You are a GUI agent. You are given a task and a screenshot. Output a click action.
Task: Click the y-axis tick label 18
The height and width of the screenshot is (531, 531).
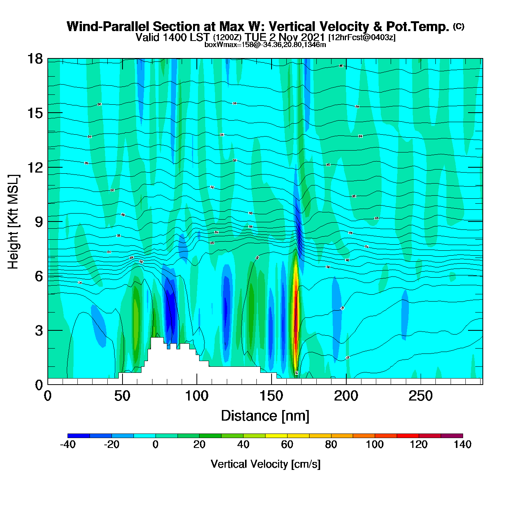click(35, 59)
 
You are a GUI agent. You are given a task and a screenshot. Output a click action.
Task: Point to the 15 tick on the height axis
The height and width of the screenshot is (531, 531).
click(35, 113)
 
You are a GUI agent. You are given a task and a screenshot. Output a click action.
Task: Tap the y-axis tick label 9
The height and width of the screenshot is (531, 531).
click(39, 222)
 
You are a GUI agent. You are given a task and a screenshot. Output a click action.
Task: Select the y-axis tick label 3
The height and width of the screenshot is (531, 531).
click(39, 331)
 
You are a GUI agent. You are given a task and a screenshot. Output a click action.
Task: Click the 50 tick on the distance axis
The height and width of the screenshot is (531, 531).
click(122, 396)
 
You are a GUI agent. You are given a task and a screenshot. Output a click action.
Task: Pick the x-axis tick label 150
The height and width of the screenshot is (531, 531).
click(271, 396)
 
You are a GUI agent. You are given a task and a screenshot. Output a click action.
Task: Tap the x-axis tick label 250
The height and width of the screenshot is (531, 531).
click(420, 396)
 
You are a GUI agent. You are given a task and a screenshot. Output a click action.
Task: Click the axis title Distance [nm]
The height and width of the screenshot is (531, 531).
click(265, 416)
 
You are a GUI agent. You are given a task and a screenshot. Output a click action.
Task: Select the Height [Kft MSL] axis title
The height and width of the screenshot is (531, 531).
click(13, 222)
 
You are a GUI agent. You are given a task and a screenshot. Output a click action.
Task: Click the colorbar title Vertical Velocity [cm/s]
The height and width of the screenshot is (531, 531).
click(265, 464)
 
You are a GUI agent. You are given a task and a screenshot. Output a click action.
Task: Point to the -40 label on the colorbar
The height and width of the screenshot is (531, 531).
click(68, 445)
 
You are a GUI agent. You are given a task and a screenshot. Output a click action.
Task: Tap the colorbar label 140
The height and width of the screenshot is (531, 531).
click(462, 445)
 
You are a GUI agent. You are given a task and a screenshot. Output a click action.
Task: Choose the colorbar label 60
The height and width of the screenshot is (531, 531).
click(287, 445)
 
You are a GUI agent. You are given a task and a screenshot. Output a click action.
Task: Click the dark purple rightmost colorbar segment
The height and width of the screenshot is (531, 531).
click(452, 435)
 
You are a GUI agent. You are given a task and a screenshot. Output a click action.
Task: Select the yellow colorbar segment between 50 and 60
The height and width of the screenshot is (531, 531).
click(276, 435)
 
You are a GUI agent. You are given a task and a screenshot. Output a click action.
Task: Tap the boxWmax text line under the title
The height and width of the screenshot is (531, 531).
click(265, 45)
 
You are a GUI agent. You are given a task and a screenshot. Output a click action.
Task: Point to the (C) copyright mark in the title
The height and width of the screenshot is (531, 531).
click(459, 26)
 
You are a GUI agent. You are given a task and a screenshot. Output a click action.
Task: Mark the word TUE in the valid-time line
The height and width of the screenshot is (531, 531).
click(256, 37)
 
